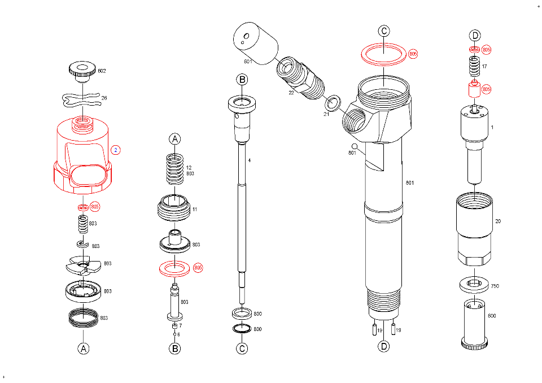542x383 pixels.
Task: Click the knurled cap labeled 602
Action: (x=82, y=71)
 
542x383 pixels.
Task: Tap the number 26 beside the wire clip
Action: (x=104, y=98)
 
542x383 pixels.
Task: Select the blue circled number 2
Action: (x=115, y=150)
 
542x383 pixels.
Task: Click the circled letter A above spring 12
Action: (x=175, y=139)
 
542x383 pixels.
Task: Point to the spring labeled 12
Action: (x=175, y=168)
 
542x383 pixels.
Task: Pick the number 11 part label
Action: (x=194, y=210)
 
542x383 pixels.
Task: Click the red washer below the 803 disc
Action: (x=175, y=267)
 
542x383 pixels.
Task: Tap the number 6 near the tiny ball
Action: (x=179, y=335)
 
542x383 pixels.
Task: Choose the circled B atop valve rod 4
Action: (x=242, y=79)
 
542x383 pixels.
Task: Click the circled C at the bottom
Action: (x=242, y=349)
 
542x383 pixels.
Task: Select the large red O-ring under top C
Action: (x=384, y=55)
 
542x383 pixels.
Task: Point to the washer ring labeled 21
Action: (x=333, y=103)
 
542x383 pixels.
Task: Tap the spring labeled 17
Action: (x=475, y=67)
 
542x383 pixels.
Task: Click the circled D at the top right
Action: (x=475, y=36)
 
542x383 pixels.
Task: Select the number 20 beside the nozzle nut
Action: (x=497, y=221)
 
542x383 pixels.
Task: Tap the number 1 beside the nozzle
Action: (x=492, y=127)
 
